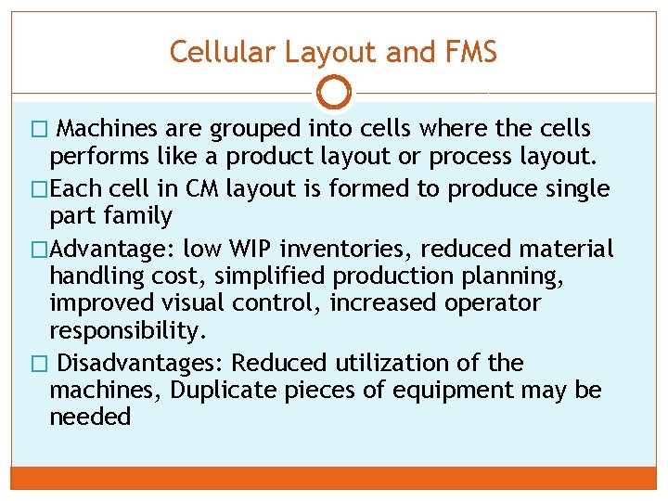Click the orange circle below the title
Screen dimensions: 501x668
point(334,92)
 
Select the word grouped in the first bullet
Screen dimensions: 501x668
point(254,128)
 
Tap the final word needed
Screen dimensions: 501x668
point(90,417)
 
